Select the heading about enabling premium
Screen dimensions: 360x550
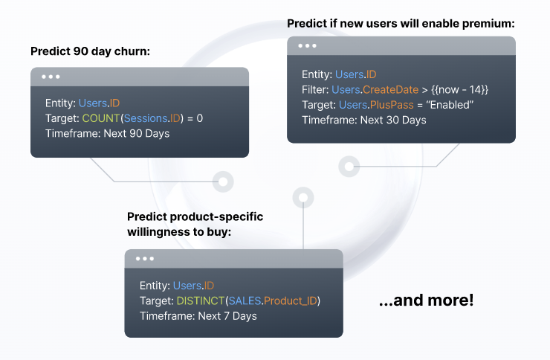coord(401,24)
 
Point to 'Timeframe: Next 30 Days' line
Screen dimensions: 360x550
coord(364,120)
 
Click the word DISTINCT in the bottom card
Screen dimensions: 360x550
coord(200,300)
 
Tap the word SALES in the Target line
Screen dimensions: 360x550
coord(244,300)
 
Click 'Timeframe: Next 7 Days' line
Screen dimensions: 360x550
coord(198,316)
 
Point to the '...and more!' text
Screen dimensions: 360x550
coord(426,300)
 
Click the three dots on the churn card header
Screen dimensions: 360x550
coord(51,77)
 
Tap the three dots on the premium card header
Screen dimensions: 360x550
coord(307,45)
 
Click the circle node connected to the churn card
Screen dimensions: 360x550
coord(221,181)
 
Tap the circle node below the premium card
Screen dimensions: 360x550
coord(349,166)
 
